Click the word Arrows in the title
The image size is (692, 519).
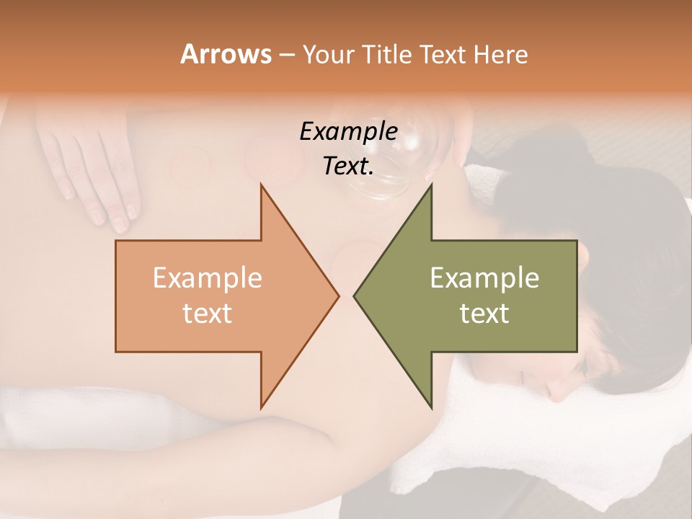tap(226, 54)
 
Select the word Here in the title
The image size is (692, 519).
tap(501, 54)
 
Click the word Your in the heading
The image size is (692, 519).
tap(328, 55)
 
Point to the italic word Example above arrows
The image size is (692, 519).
tap(348, 131)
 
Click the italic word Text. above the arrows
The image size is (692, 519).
tap(348, 166)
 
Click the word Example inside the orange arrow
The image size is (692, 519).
tap(208, 278)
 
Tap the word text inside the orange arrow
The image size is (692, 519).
tap(208, 313)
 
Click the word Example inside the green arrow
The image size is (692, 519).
tap(484, 278)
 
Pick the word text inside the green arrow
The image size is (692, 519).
tap(484, 313)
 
